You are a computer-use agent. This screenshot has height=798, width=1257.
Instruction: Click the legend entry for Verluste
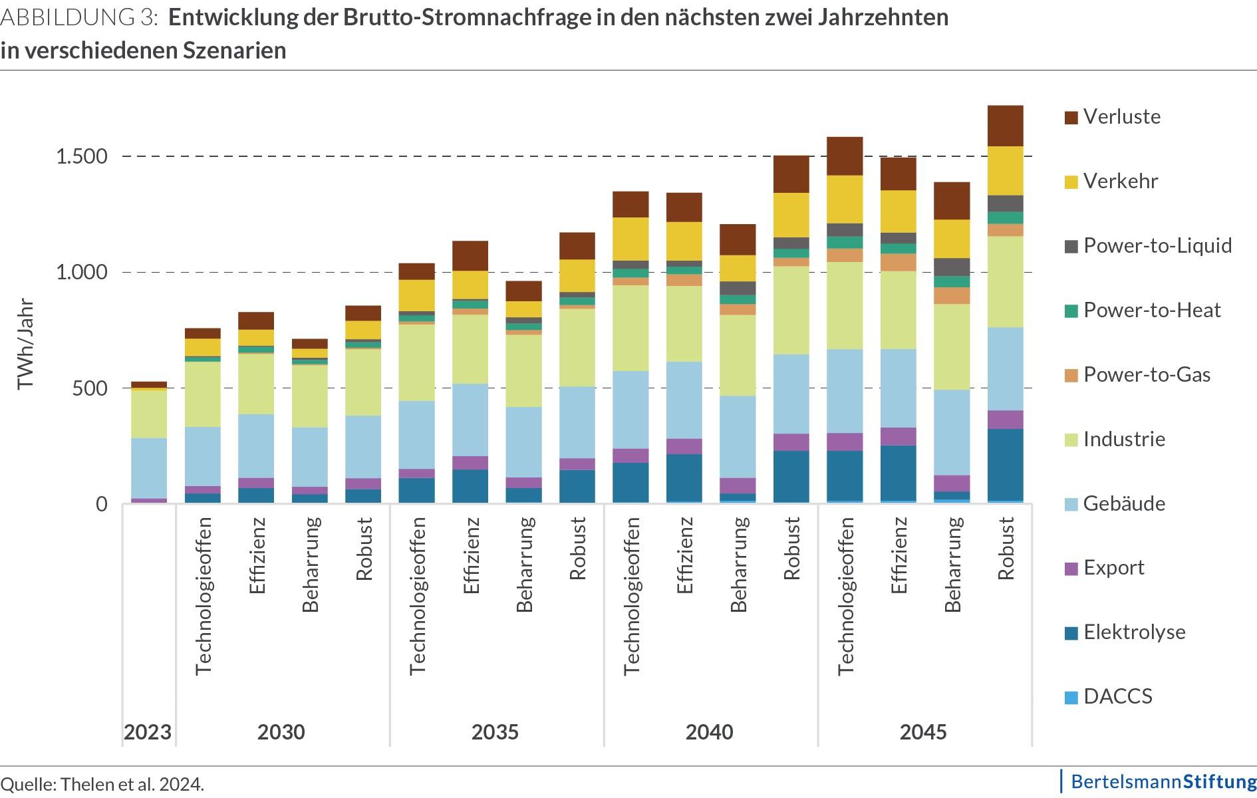pos(1121,117)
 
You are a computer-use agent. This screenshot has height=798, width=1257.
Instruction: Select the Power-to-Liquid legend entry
pos(1157,246)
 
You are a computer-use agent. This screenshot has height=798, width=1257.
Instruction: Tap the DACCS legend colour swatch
pos(1071,698)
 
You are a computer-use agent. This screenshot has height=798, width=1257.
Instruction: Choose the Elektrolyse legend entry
pos(1134,632)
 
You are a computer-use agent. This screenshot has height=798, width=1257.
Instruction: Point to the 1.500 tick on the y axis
pos(82,157)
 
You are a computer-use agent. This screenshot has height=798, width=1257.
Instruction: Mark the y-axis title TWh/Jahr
pos(25,344)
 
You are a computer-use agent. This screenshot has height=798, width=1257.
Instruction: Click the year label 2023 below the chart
pos(148,732)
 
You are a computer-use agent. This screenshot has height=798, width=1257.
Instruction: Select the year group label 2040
pos(709,732)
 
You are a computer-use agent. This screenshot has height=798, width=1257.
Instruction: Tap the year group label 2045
pos(923,732)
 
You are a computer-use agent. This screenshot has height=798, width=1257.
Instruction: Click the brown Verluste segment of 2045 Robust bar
pos(1005,126)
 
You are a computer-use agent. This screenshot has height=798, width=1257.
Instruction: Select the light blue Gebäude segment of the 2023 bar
pos(148,467)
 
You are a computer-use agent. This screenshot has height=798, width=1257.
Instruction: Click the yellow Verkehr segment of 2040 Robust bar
pos(791,215)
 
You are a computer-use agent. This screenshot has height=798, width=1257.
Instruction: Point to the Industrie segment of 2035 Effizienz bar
pos(470,348)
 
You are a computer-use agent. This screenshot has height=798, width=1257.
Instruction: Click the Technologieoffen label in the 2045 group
pos(845,596)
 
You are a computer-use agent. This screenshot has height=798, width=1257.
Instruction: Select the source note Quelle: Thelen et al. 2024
pos(102,784)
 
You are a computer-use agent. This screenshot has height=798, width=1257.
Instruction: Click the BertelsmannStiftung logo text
pos(1163,781)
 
